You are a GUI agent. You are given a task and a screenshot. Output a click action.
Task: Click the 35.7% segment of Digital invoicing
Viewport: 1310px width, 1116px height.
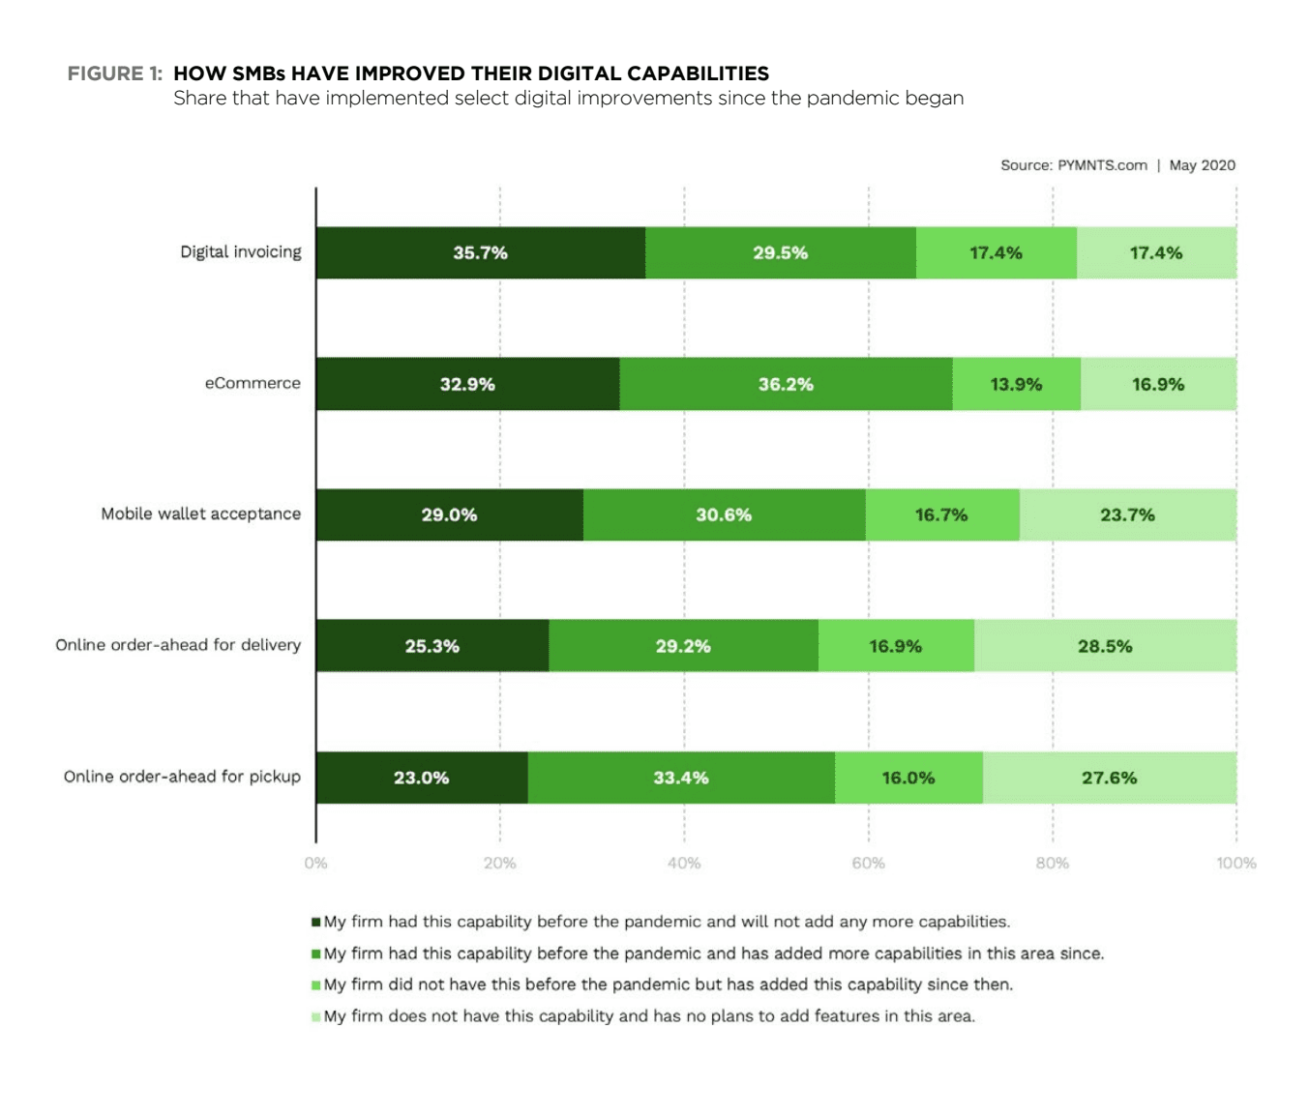click(480, 253)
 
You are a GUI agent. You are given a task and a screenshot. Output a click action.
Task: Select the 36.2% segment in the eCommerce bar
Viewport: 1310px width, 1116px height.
click(786, 384)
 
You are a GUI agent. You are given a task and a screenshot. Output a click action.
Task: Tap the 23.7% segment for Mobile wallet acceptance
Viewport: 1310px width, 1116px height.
click(1127, 514)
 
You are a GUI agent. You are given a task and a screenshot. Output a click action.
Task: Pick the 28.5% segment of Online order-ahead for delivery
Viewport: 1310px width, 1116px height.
click(1105, 646)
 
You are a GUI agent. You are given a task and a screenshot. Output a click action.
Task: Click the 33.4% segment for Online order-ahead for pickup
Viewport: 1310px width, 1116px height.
click(681, 778)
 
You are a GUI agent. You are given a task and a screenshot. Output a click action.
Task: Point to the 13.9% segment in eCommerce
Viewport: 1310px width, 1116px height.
click(1016, 384)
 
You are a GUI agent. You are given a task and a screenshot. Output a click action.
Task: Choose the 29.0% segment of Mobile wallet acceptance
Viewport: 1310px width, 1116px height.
click(449, 514)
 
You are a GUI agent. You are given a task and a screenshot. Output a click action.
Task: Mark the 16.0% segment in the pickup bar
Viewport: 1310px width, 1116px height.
click(908, 778)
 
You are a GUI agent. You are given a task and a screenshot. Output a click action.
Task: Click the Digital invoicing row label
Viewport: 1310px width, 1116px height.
click(241, 252)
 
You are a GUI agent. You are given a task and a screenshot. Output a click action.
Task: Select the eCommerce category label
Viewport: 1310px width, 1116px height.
click(253, 383)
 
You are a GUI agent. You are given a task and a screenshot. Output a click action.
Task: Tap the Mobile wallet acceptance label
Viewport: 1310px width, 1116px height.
click(201, 514)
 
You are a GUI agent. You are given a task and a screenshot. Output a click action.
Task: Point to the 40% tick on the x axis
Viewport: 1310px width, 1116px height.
click(684, 863)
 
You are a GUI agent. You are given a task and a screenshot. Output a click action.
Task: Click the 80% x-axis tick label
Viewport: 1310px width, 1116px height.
click(1053, 863)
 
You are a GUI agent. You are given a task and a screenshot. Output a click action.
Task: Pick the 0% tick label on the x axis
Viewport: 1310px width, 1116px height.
click(315, 863)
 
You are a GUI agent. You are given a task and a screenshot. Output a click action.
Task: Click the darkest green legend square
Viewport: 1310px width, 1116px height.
click(316, 923)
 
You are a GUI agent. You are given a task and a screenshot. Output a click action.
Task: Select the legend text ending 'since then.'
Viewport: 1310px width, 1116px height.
click(668, 984)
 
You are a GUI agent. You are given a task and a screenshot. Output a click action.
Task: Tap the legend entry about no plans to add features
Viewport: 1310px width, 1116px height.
click(649, 1016)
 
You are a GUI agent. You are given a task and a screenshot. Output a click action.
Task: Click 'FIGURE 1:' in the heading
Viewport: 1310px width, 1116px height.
click(114, 73)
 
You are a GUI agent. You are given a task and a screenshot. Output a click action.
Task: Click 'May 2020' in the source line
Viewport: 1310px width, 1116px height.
click(1202, 165)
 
